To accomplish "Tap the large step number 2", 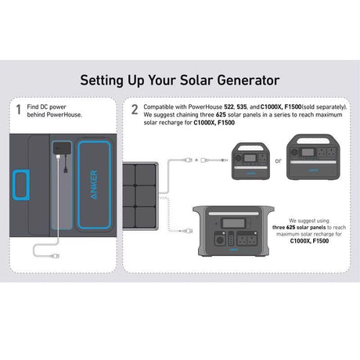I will (135, 110).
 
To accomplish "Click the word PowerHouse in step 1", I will (63, 113).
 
